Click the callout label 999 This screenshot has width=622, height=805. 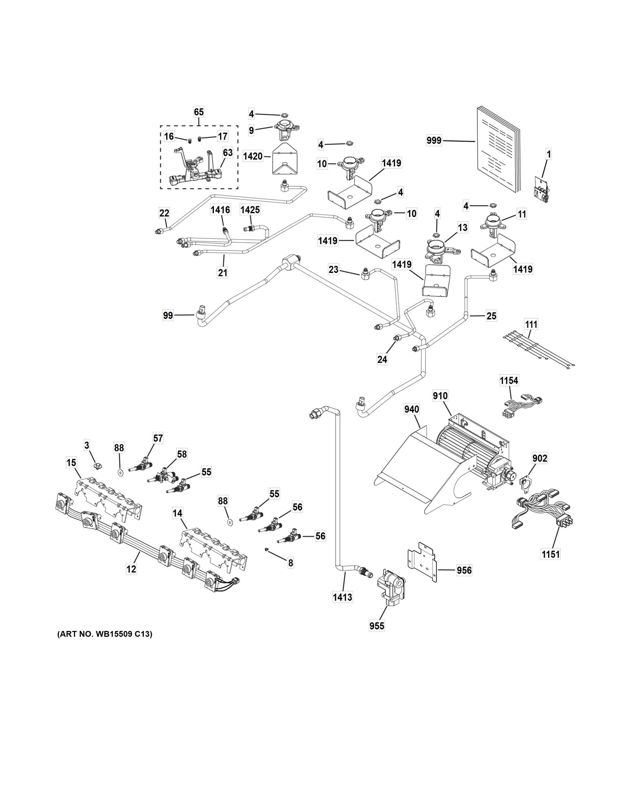[434, 141]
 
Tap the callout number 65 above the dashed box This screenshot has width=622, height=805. [199, 112]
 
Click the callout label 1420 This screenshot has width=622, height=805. [253, 156]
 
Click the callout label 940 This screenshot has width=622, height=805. [412, 409]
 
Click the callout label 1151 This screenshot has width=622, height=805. [551, 564]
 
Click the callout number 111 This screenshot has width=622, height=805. [531, 324]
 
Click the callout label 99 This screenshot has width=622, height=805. [168, 316]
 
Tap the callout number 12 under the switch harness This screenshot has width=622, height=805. [131, 569]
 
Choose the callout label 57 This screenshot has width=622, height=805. [158, 438]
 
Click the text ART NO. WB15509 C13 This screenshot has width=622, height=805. [105, 634]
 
